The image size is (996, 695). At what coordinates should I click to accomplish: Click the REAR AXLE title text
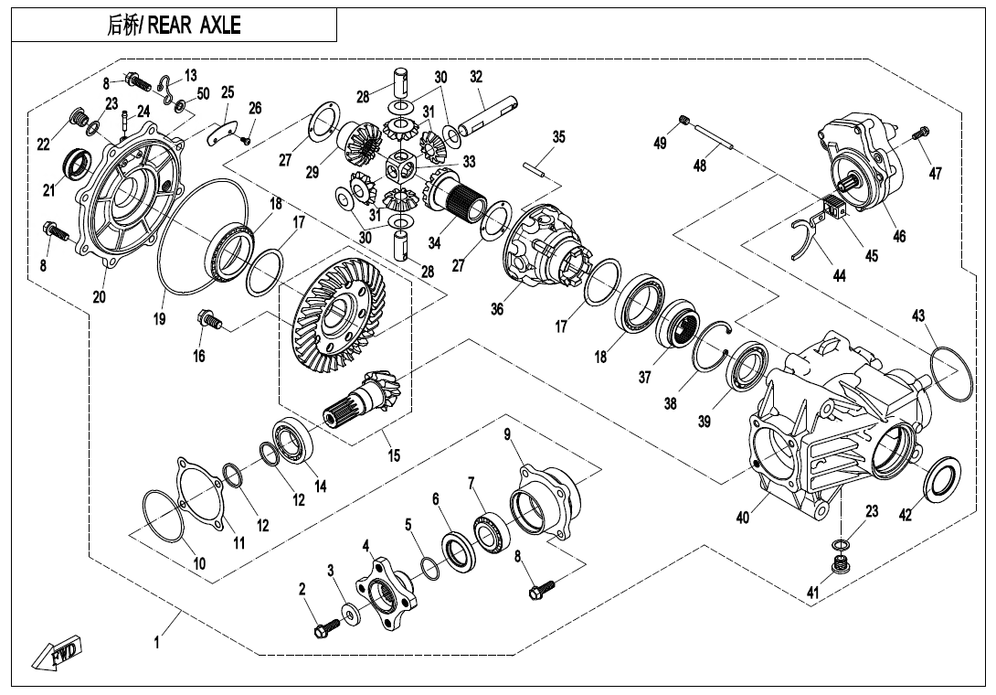pyautogui.click(x=174, y=26)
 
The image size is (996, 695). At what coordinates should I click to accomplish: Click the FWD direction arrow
pyautogui.click(x=57, y=655)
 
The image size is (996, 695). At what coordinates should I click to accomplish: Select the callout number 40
pyautogui.click(x=743, y=519)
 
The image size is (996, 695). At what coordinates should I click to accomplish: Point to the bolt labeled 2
pyautogui.click(x=324, y=628)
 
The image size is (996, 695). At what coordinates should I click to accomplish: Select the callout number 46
pyautogui.click(x=900, y=236)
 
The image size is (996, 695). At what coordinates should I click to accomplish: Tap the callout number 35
pyautogui.click(x=559, y=137)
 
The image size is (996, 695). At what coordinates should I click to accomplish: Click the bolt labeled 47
pyautogui.click(x=922, y=134)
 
